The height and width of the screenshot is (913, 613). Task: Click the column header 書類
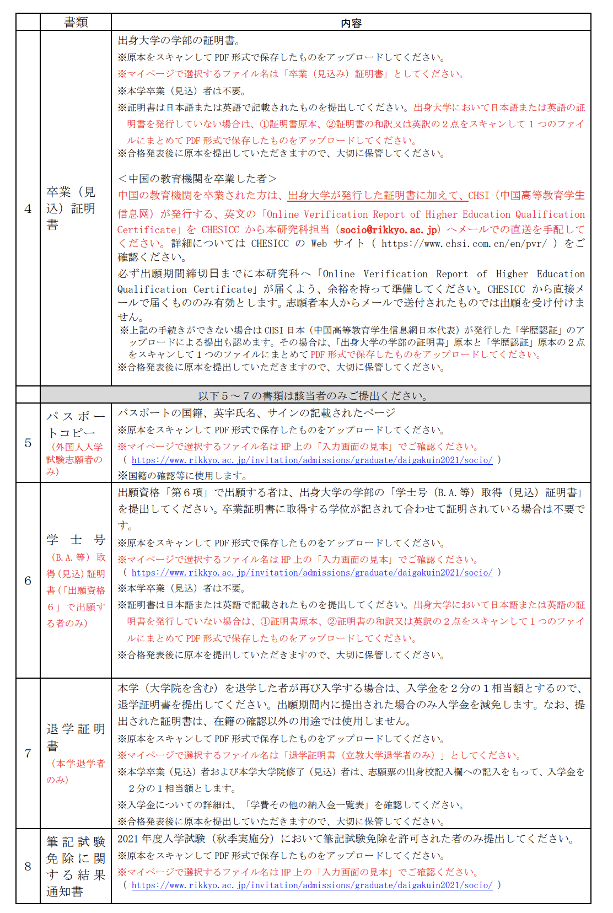pyautogui.click(x=76, y=22)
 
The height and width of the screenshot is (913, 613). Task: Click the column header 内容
pyautogui.click(x=351, y=23)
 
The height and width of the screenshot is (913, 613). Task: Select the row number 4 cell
pyautogui.click(x=28, y=208)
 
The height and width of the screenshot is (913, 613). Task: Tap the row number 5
pyautogui.click(x=28, y=443)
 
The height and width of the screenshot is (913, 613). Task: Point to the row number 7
pyautogui.click(x=28, y=753)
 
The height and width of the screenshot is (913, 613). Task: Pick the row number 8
pyautogui.click(x=28, y=866)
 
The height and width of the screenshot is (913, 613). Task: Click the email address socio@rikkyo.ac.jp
pyautogui.click(x=389, y=229)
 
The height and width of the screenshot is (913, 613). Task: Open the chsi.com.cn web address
pyautogui.click(x=464, y=243)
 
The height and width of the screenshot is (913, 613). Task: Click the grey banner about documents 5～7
pyautogui.click(x=314, y=395)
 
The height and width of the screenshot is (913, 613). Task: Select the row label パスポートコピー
pyautogui.click(x=75, y=425)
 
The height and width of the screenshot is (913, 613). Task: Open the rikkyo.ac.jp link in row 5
pyautogui.click(x=311, y=460)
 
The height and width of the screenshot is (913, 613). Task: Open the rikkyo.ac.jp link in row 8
pyautogui.click(x=311, y=885)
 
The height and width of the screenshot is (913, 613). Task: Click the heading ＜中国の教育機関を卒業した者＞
pyautogui.click(x=197, y=179)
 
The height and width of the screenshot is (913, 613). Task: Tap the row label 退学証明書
pyautogui.click(x=75, y=737)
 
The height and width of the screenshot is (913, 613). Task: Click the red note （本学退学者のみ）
pyautogui.click(x=75, y=771)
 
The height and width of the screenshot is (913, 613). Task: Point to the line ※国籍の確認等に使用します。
pyautogui.click(x=183, y=475)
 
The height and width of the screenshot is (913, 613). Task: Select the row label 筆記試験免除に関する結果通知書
pyautogui.click(x=76, y=866)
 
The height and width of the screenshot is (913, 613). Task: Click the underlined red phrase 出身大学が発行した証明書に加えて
pyautogui.click(x=377, y=195)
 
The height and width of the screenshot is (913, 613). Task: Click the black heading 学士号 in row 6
pyautogui.click(x=76, y=539)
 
